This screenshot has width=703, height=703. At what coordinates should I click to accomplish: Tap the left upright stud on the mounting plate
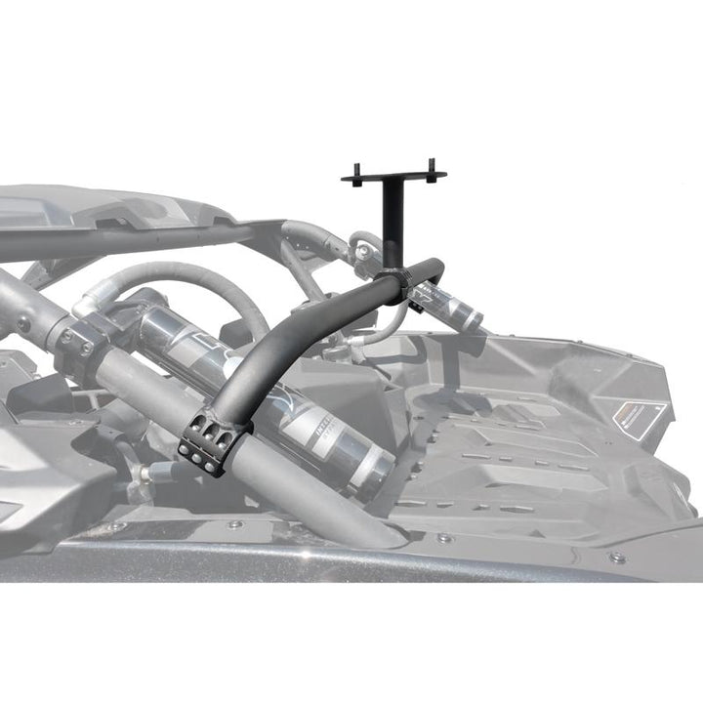coord(356,171)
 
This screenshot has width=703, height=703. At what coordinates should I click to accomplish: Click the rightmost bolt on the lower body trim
coord(617,558)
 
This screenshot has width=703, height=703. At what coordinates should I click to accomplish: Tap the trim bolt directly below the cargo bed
coord(444,538)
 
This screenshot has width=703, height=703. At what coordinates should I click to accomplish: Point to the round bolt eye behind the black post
coord(364,251)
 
